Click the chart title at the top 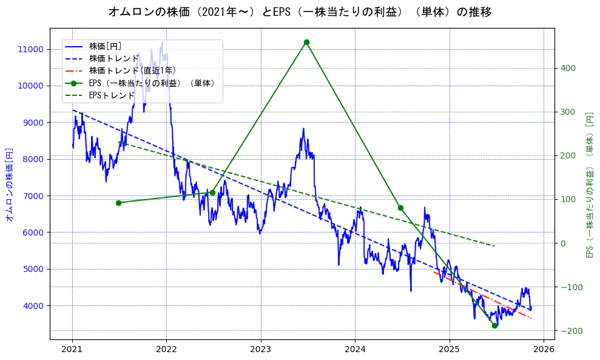tap(300, 12)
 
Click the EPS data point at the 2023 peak tap(306, 42)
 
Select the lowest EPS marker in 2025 tap(494, 325)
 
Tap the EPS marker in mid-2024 tap(400, 208)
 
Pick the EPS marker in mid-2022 tap(212, 192)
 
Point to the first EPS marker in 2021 tap(118, 203)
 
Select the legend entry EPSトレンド tap(112, 95)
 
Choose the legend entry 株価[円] tap(106, 46)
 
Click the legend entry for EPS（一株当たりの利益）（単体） tap(152, 83)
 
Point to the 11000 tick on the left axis tap(30, 49)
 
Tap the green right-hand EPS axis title tap(589, 185)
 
